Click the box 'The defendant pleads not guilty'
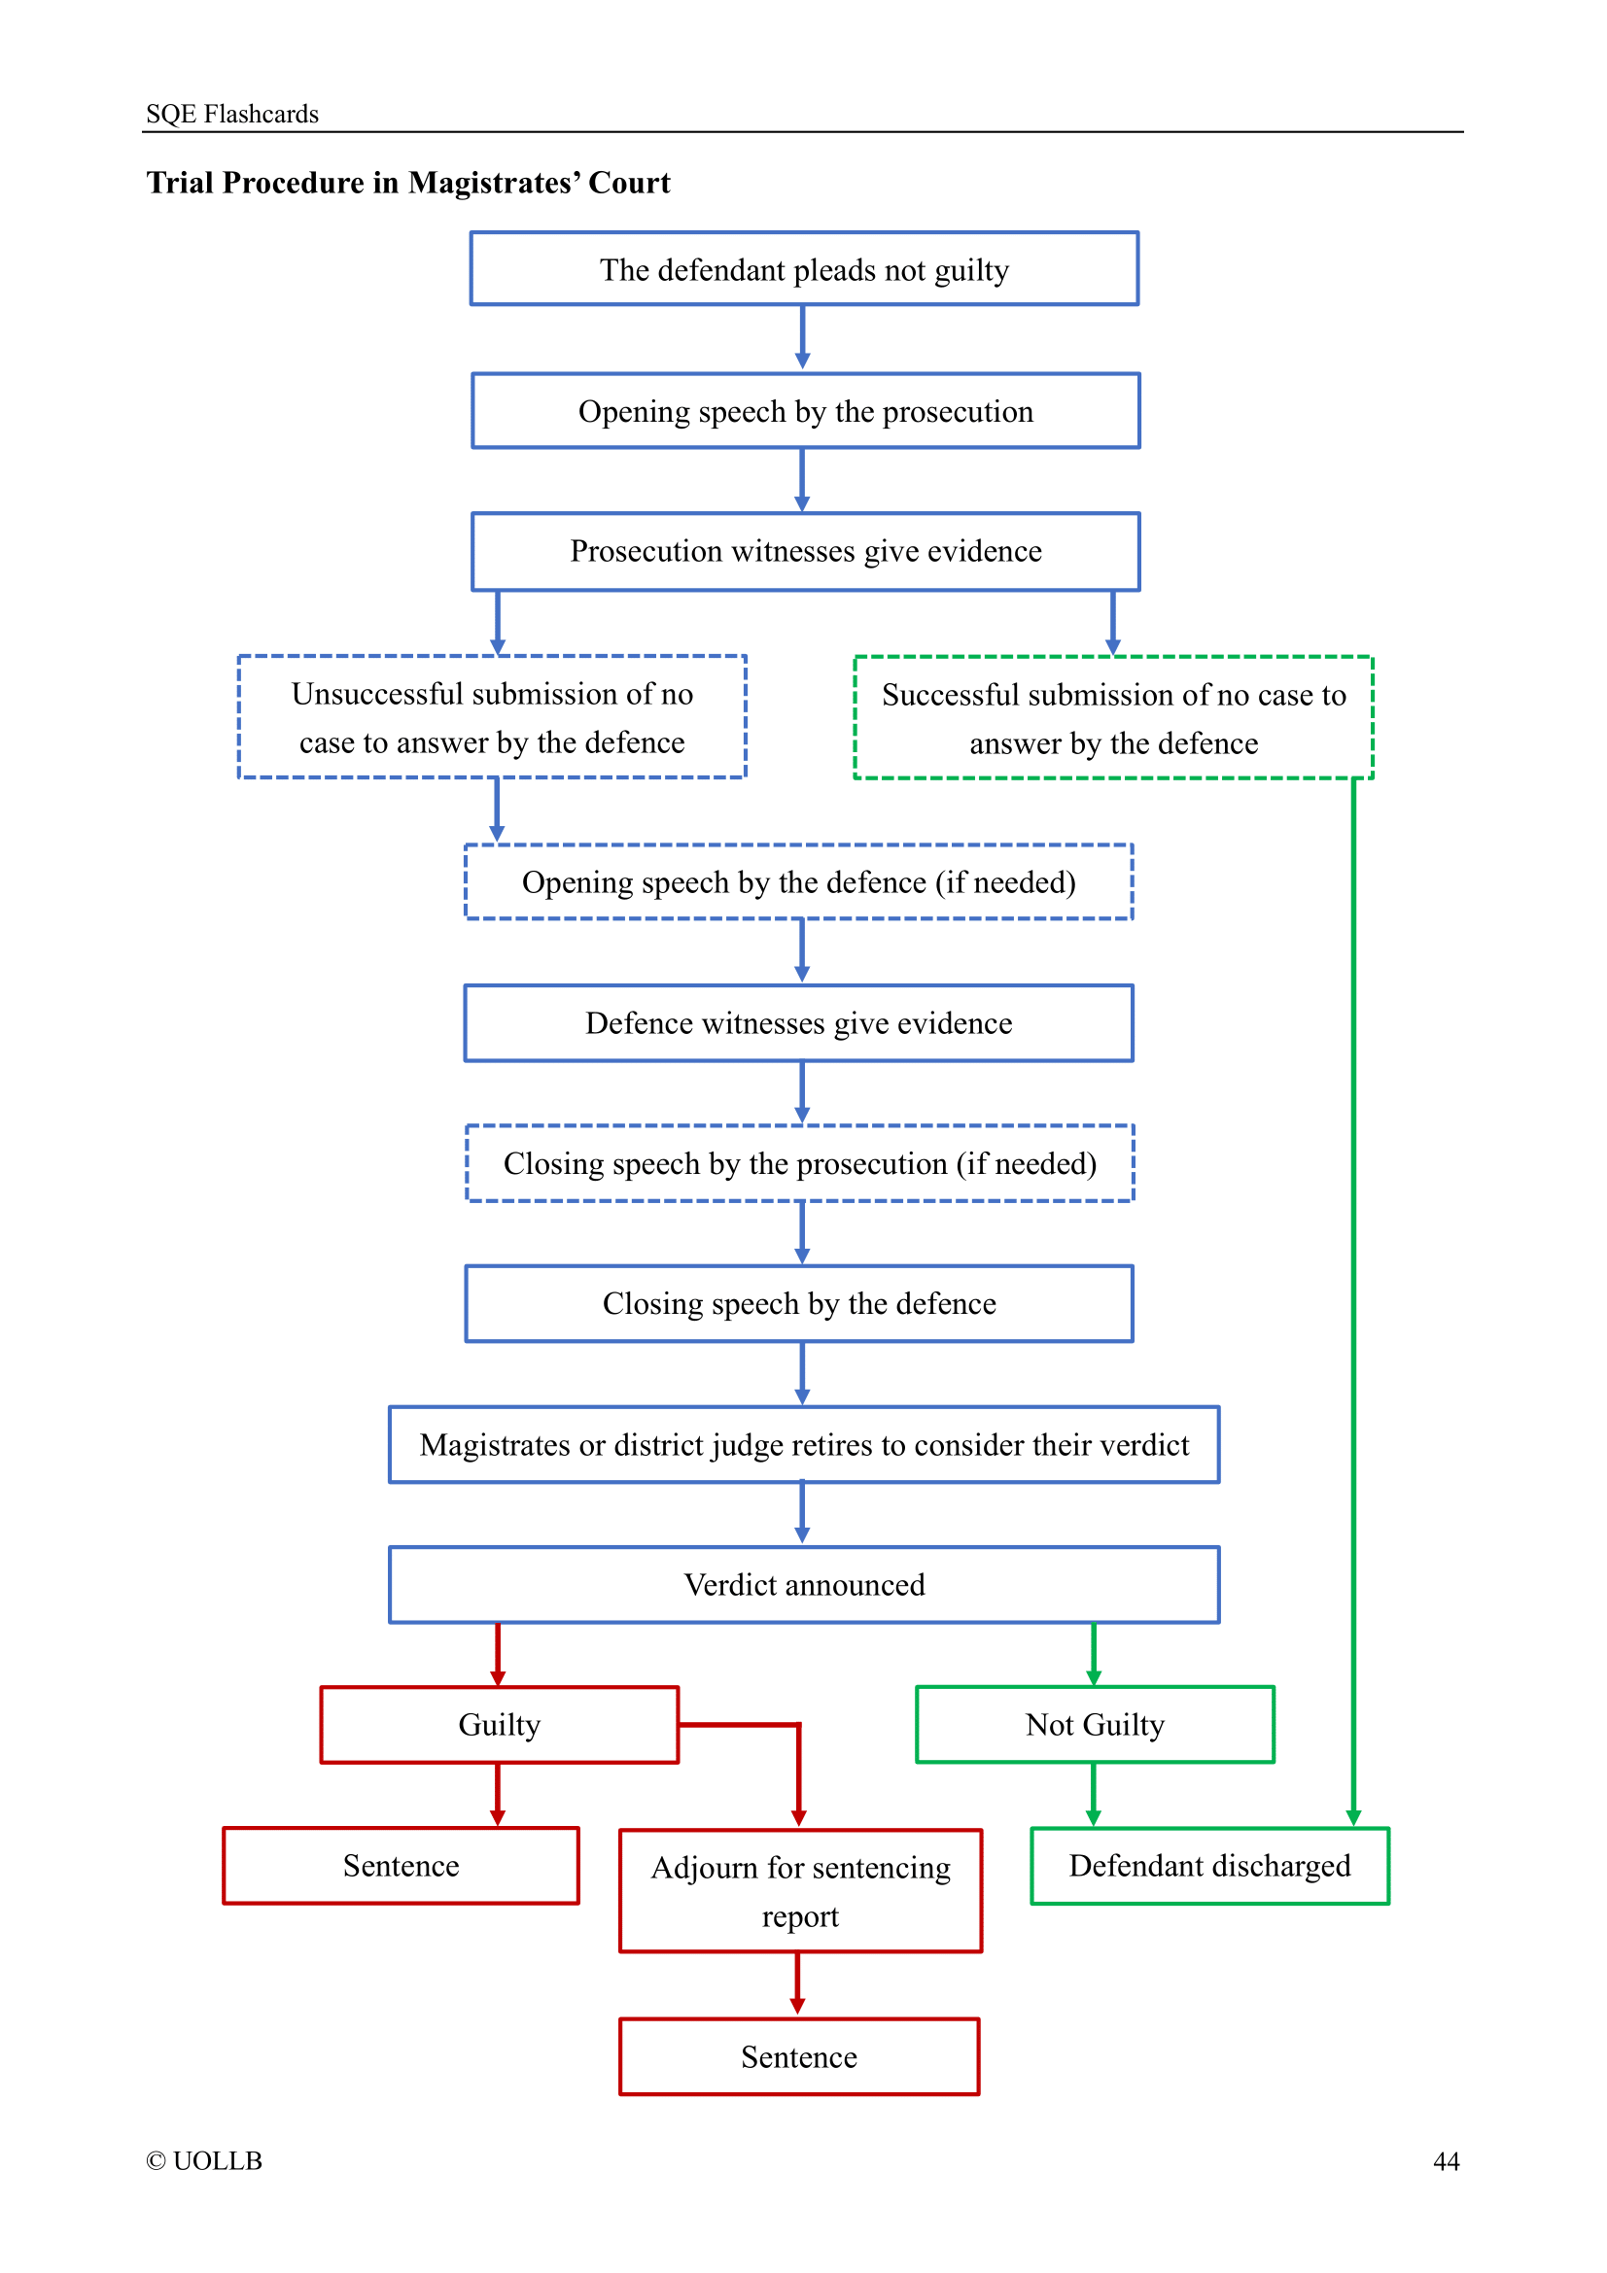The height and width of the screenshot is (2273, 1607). coord(803,269)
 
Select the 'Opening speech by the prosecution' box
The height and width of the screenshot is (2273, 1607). coord(805,411)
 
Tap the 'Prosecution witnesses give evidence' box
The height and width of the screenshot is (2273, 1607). coord(805,550)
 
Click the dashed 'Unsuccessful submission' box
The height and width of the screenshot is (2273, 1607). coord(492,717)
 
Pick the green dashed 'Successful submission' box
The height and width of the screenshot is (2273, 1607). coord(1113,718)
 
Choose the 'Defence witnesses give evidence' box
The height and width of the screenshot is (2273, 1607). coord(798,1022)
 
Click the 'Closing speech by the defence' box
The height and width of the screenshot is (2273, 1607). coord(798,1303)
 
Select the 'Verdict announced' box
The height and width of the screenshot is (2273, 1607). coord(803,1584)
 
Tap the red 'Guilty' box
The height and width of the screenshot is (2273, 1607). coord(499,1725)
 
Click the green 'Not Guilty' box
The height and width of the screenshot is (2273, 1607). coord(1094,1725)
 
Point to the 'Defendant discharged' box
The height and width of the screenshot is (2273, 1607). coord(1209,1865)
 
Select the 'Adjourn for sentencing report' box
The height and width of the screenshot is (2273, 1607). coord(800,1891)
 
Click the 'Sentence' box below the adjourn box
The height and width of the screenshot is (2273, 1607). coord(798,2056)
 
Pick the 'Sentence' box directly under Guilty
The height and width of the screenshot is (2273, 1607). coord(400,1865)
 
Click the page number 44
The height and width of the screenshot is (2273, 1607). coord(1446,2161)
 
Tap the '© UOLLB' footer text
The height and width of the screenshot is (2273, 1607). coord(204,2160)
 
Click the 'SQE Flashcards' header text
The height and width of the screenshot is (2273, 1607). coord(231,114)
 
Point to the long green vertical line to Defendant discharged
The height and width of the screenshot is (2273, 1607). coord(1353,1287)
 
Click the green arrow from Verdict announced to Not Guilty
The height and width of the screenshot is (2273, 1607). coord(1093,1653)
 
